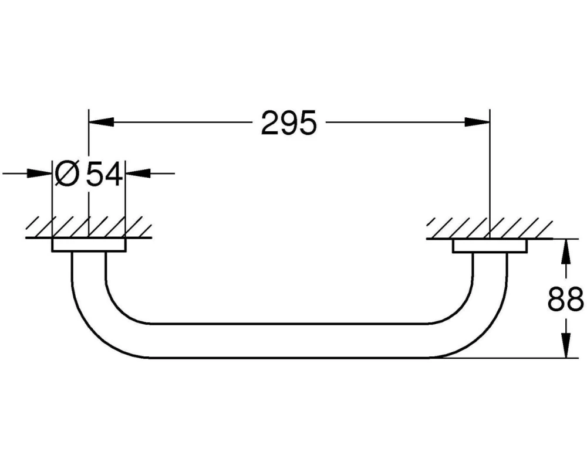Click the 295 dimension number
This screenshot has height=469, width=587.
tap(289, 123)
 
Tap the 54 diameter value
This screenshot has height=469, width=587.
tap(104, 174)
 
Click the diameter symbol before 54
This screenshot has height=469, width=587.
tap(67, 174)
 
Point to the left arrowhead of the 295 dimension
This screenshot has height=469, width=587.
tap(101, 122)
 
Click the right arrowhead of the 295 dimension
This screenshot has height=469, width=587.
tap(477, 122)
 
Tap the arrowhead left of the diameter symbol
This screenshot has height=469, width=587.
tap(40, 173)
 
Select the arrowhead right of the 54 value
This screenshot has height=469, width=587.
tap(138, 173)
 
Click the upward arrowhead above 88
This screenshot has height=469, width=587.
tap(567, 252)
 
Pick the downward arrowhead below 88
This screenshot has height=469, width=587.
tap(567, 345)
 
